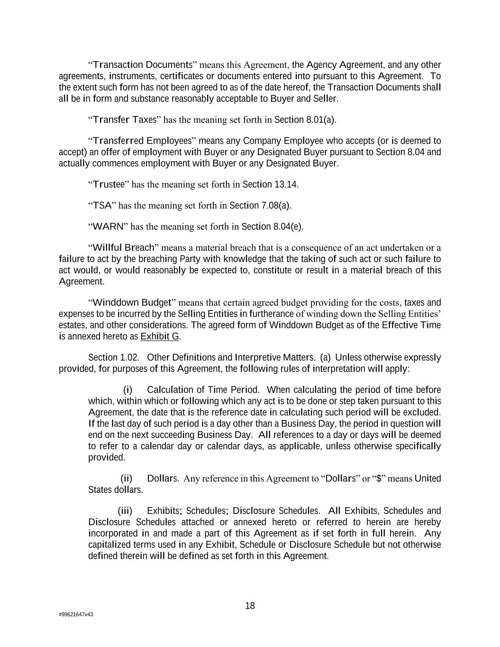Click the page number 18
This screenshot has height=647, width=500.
click(x=250, y=606)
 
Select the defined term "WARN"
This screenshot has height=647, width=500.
click(x=108, y=227)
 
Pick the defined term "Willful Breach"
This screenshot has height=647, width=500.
click(x=124, y=247)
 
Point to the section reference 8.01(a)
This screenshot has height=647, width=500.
click(x=320, y=119)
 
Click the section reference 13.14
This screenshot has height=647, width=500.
click(x=286, y=184)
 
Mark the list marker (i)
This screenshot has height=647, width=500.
click(x=127, y=390)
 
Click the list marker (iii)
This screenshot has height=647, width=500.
click(x=125, y=510)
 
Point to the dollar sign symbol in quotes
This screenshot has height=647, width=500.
click(x=379, y=478)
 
